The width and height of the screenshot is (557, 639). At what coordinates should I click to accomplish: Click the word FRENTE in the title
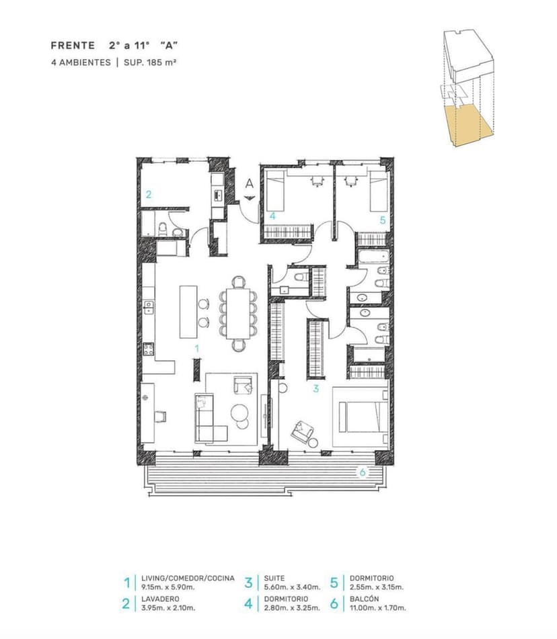pyautogui.click(x=73, y=45)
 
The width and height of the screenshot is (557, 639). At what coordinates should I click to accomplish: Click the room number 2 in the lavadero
pyautogui.click(x=149, y=195)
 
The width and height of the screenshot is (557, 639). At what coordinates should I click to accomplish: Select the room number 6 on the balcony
pyautogui.click(x=363, y=473)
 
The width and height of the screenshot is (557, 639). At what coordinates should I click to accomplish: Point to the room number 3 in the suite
pyautogui.click(x=316, y=389)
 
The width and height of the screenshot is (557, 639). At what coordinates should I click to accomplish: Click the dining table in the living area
pyautogui.click(x=237, y=313)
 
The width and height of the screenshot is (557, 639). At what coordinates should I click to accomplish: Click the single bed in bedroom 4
pyautogui.click(x=275, y=190)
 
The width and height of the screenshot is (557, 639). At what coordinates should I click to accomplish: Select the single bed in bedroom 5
pyautogui.click(x=378, y=191)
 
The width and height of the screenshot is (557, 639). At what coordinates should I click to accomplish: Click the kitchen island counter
pyautogui.click(x=188, y=312)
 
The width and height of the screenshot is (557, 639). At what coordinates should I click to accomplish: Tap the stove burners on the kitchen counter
pyautogui.click(x=148, y=349)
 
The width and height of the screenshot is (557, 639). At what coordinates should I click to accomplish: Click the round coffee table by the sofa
pyautogui.click(x=239, y=412)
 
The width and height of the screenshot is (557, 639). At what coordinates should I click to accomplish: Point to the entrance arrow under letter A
pyautogui.click(x=250, y=198)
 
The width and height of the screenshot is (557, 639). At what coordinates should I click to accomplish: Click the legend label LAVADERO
pyautogui.click(x=160, y=599)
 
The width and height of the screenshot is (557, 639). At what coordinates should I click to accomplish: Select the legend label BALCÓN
pyautogui.click(x=365, y=599)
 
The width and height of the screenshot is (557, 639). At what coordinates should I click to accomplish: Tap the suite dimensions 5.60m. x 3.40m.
pyautogui.click(x=292, y=587)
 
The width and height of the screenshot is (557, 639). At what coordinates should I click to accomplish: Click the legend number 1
pyautogui.click(x=127, y=583)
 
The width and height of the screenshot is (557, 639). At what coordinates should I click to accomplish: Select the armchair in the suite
pyautogui.click(x=302, y=431)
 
